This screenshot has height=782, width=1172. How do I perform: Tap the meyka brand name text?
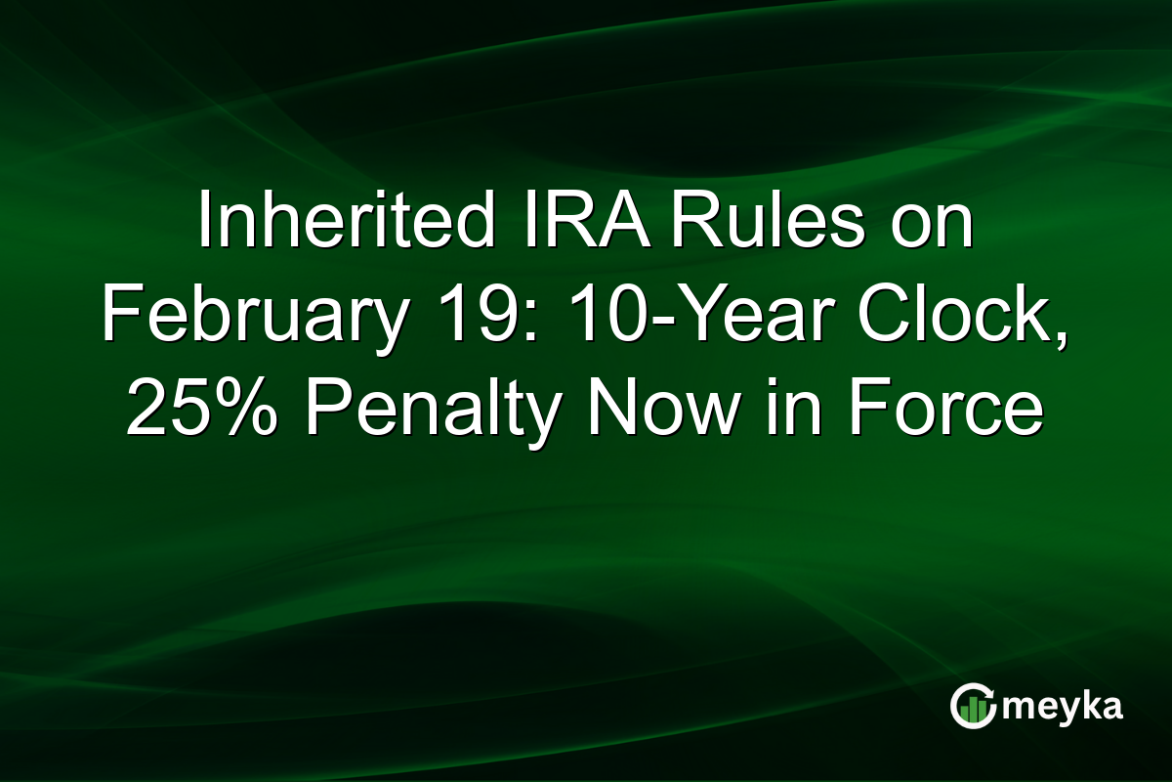[x=1066, y=707]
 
